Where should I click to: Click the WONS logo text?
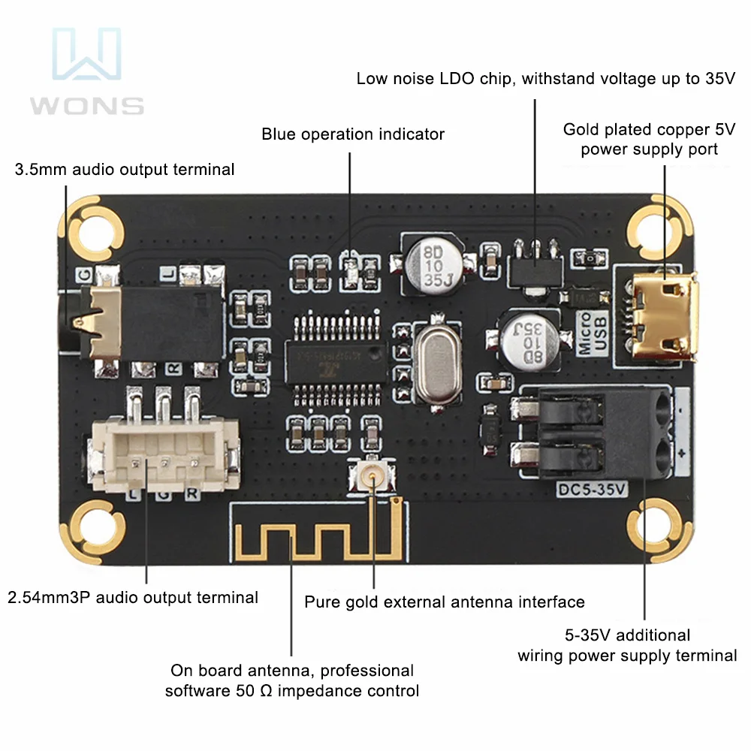[x=87, y=104]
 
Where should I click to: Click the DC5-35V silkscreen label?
[x=593, y=489]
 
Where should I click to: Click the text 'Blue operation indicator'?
[x=353, y=134]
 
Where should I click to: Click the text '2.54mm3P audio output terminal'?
[x=133, y=598]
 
